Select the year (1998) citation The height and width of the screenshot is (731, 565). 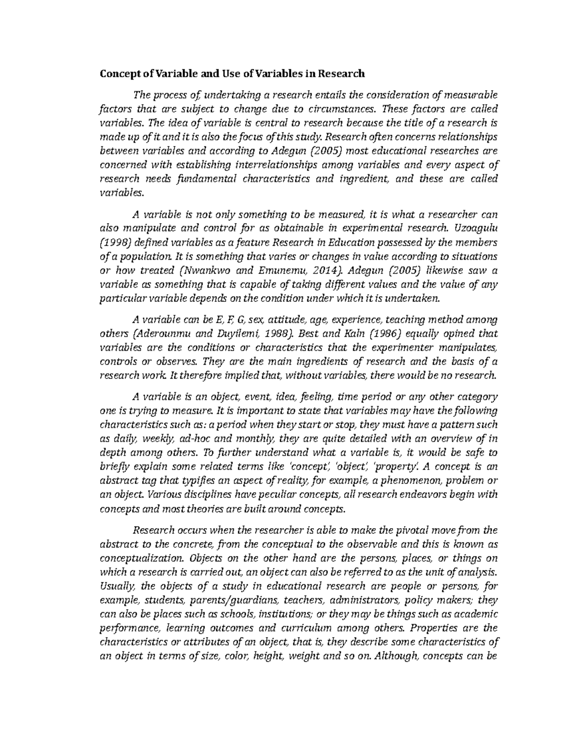(x=115, y=243)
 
